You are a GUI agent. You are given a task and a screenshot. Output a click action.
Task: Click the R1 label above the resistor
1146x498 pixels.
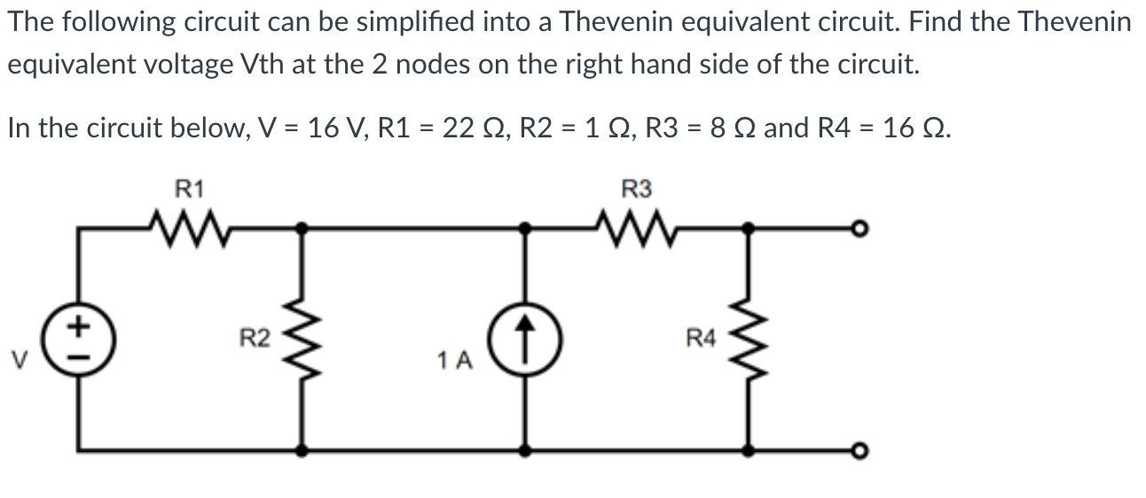point(189,188)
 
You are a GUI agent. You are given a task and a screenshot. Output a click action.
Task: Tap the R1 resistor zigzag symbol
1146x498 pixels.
point(189,228)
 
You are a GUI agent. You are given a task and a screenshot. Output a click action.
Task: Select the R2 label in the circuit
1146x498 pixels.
point(255,338)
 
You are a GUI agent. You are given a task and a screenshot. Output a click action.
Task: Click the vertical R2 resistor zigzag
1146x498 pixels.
point(302,338)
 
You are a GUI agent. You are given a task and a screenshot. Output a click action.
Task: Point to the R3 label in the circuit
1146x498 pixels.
point(637,188)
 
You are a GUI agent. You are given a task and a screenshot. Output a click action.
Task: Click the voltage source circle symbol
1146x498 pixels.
point(81,339)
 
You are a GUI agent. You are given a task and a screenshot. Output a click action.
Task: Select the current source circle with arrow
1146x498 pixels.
point(526,339)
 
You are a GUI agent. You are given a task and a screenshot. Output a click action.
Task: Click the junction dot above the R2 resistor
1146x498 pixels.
point(302,229)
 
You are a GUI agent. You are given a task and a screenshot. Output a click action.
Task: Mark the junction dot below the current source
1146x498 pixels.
point(526,450)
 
